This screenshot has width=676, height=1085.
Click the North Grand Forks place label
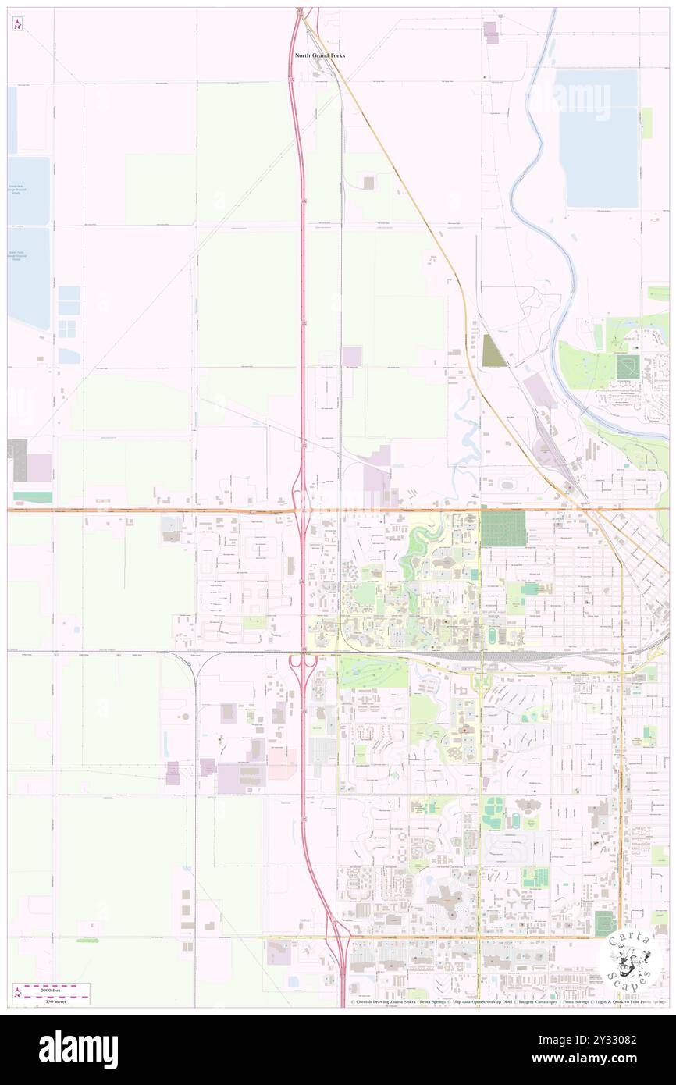319,55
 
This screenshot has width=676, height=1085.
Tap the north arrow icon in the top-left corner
17,24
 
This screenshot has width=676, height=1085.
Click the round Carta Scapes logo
630,964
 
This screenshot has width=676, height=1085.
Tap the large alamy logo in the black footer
78,1049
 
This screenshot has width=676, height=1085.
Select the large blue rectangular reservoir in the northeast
597,139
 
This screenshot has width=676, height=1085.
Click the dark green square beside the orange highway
503,528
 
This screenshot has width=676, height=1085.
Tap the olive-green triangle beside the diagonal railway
493,351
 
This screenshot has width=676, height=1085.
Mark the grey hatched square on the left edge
17,449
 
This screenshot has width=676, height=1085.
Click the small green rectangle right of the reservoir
646,123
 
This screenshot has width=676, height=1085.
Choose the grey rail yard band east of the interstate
500,657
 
